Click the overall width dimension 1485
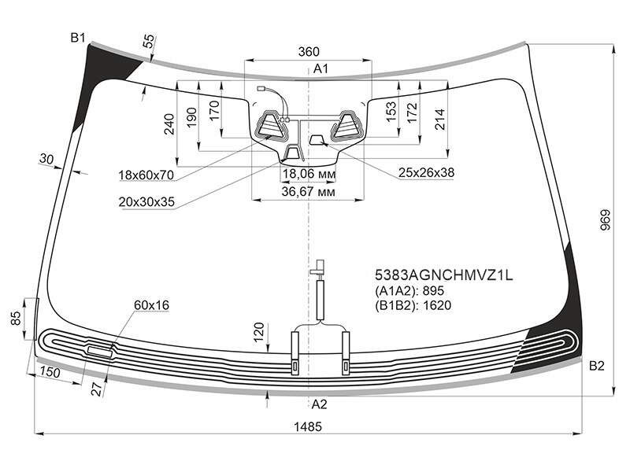click(308, 426)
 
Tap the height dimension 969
click(605, 219)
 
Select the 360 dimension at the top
click(309, 52)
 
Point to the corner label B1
click(78, 38)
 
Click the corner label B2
click(597, 366)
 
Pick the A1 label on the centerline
click(321, 68)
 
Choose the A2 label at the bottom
click(320, 404)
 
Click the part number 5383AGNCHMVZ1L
click(444, 275)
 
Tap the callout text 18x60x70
click(146, 175)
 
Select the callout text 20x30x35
click(146, 202)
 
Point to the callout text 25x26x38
click(426, 172)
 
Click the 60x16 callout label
click(151, 305)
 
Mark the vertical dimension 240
click(169, 124)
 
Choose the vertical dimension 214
click(440, 119)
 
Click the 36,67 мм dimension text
click(308, 192)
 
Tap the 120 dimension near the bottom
click(259, 332)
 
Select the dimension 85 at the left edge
click(15, 319)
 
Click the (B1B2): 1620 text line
click(413, 305)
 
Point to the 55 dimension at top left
click(148, 41)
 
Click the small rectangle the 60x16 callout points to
click(100, 352)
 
